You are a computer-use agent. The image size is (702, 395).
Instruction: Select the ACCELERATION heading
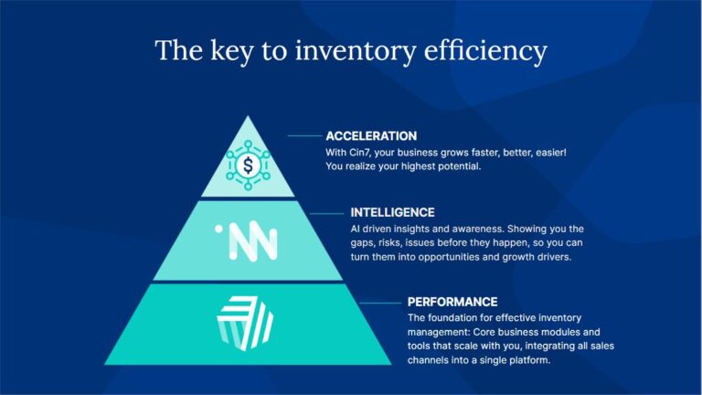(371, 136)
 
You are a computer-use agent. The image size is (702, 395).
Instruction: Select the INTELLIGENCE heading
(392, 212)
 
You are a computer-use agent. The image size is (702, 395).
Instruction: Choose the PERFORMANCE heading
(452, 302)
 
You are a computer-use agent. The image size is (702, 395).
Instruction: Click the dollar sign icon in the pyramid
(249, 165)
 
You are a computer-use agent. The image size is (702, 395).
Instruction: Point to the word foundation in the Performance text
(453, 317)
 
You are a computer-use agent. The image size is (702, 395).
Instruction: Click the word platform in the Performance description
(531, 361)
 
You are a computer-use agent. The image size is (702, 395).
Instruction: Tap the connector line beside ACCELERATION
(304, 136)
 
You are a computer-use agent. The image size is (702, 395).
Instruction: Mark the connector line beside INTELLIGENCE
(328, 212)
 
